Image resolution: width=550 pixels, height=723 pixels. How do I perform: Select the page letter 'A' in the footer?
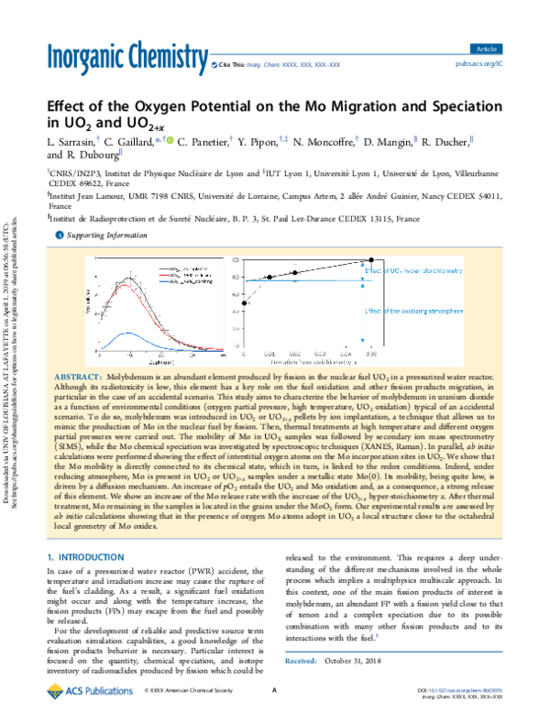275,705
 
